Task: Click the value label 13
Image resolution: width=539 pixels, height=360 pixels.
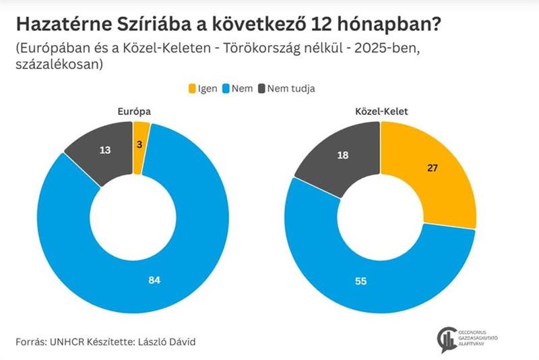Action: (104, 150)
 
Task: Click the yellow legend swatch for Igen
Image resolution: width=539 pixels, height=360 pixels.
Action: (192, 88)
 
